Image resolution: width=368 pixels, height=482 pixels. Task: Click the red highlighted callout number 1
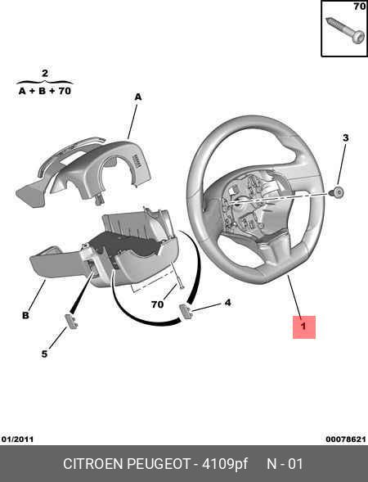coord(303,327)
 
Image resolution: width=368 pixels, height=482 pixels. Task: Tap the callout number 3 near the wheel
coord(346,137)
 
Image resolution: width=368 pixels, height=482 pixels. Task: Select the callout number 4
coord(227,303)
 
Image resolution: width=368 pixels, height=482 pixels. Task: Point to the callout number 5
coord(44,354)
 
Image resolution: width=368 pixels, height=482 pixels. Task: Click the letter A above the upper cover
coord(138,97)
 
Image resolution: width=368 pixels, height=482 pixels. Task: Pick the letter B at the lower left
coord(25,315)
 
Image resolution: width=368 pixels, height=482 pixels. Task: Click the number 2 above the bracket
coord(45,73)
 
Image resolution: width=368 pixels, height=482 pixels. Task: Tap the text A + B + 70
coord(45,91)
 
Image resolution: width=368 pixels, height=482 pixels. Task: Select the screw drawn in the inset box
coord(345,31)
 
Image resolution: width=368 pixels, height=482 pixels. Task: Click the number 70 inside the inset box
coord(359,7)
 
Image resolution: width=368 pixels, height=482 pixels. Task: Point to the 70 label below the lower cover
coord(157,304)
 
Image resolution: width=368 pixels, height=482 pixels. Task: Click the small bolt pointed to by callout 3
coord(337,192)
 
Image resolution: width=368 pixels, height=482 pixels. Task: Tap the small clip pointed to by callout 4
coord(186,311)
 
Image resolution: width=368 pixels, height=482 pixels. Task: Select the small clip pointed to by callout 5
coord(71,322)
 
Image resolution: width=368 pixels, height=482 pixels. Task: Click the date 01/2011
coord(17,439)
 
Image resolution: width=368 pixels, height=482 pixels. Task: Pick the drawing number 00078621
coord(346,439)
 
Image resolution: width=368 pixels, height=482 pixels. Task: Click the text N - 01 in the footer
coord(285,464)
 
